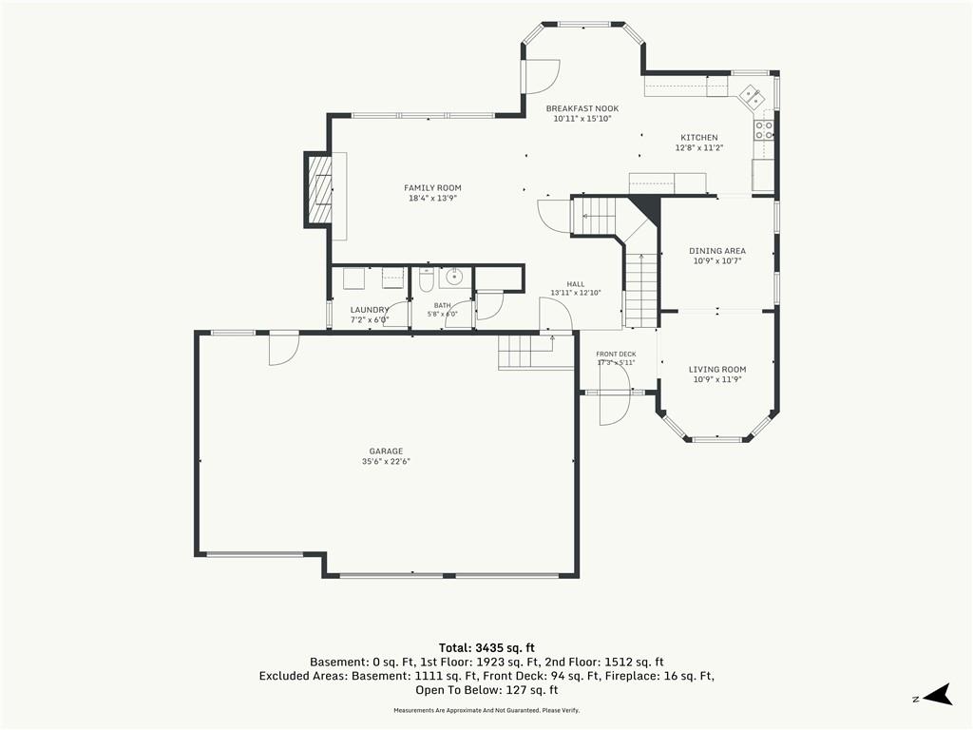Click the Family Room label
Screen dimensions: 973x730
point(432,188)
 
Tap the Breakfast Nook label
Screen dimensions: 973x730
point(582,108)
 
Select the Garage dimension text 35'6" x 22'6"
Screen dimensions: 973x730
point(386,462)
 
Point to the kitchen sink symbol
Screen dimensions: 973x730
point(751,96)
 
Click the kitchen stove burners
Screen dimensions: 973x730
point(764,129)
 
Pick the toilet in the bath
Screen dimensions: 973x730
point(427,280)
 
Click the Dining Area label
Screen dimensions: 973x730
point(717,251)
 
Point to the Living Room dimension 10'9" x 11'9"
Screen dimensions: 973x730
point(717,379)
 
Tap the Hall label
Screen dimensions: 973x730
point(575,284)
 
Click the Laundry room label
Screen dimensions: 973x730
point(370,310)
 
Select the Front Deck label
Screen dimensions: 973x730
point(616,355)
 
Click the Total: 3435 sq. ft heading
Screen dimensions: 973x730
point(486,648)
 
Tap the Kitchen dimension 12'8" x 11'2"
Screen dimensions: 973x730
point(699,147)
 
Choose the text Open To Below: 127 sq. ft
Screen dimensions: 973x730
point(486,690)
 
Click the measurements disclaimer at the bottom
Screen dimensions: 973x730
point(486,710)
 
